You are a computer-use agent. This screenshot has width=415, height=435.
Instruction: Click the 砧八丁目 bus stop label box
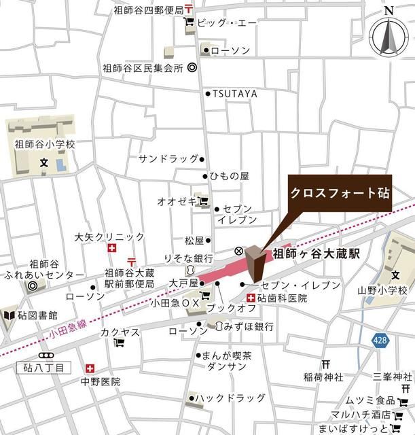click(x=43, y=367)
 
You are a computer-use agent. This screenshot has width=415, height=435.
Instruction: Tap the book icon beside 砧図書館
click(x=9, y=316)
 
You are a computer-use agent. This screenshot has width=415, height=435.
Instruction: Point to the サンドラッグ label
click(x=168, y=159)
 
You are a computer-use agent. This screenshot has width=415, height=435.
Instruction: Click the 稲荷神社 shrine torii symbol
click(x=325, y=364)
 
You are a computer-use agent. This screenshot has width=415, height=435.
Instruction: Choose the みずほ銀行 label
click(x=249, y=327)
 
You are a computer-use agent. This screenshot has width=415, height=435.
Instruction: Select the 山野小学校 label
click(x=382, y=290)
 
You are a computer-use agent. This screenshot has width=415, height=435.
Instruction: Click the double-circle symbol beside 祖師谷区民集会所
click(x=192, y=68)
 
